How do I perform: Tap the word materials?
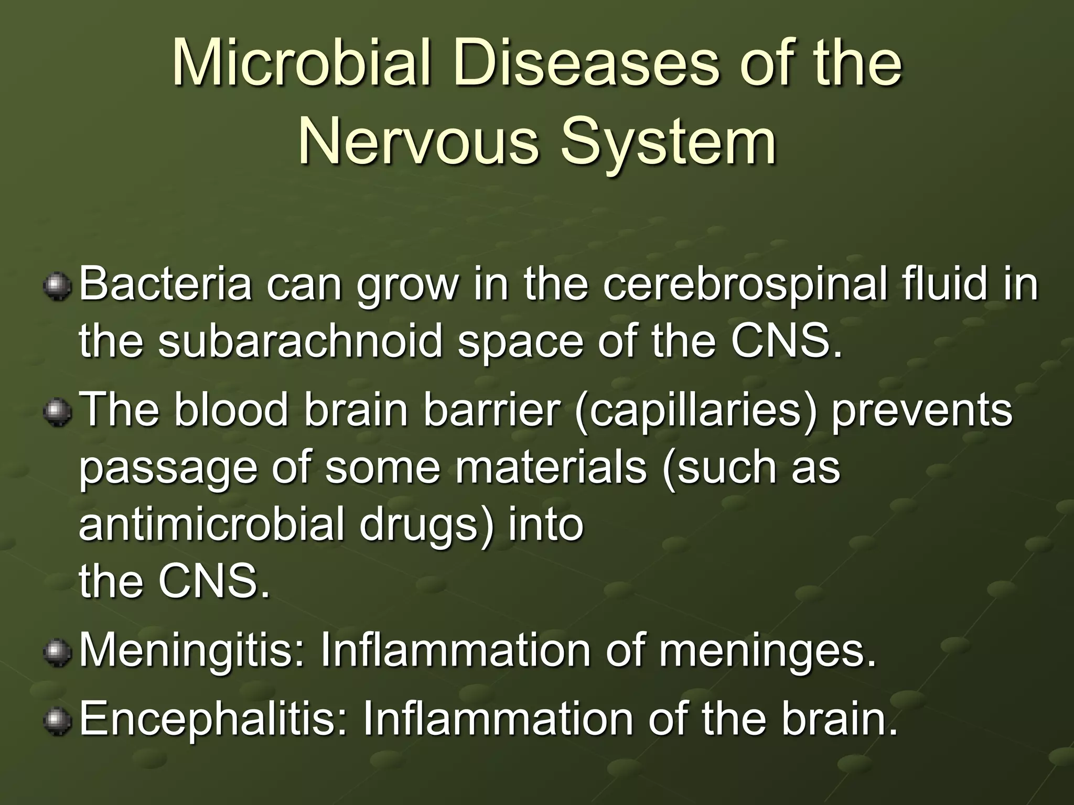551,467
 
